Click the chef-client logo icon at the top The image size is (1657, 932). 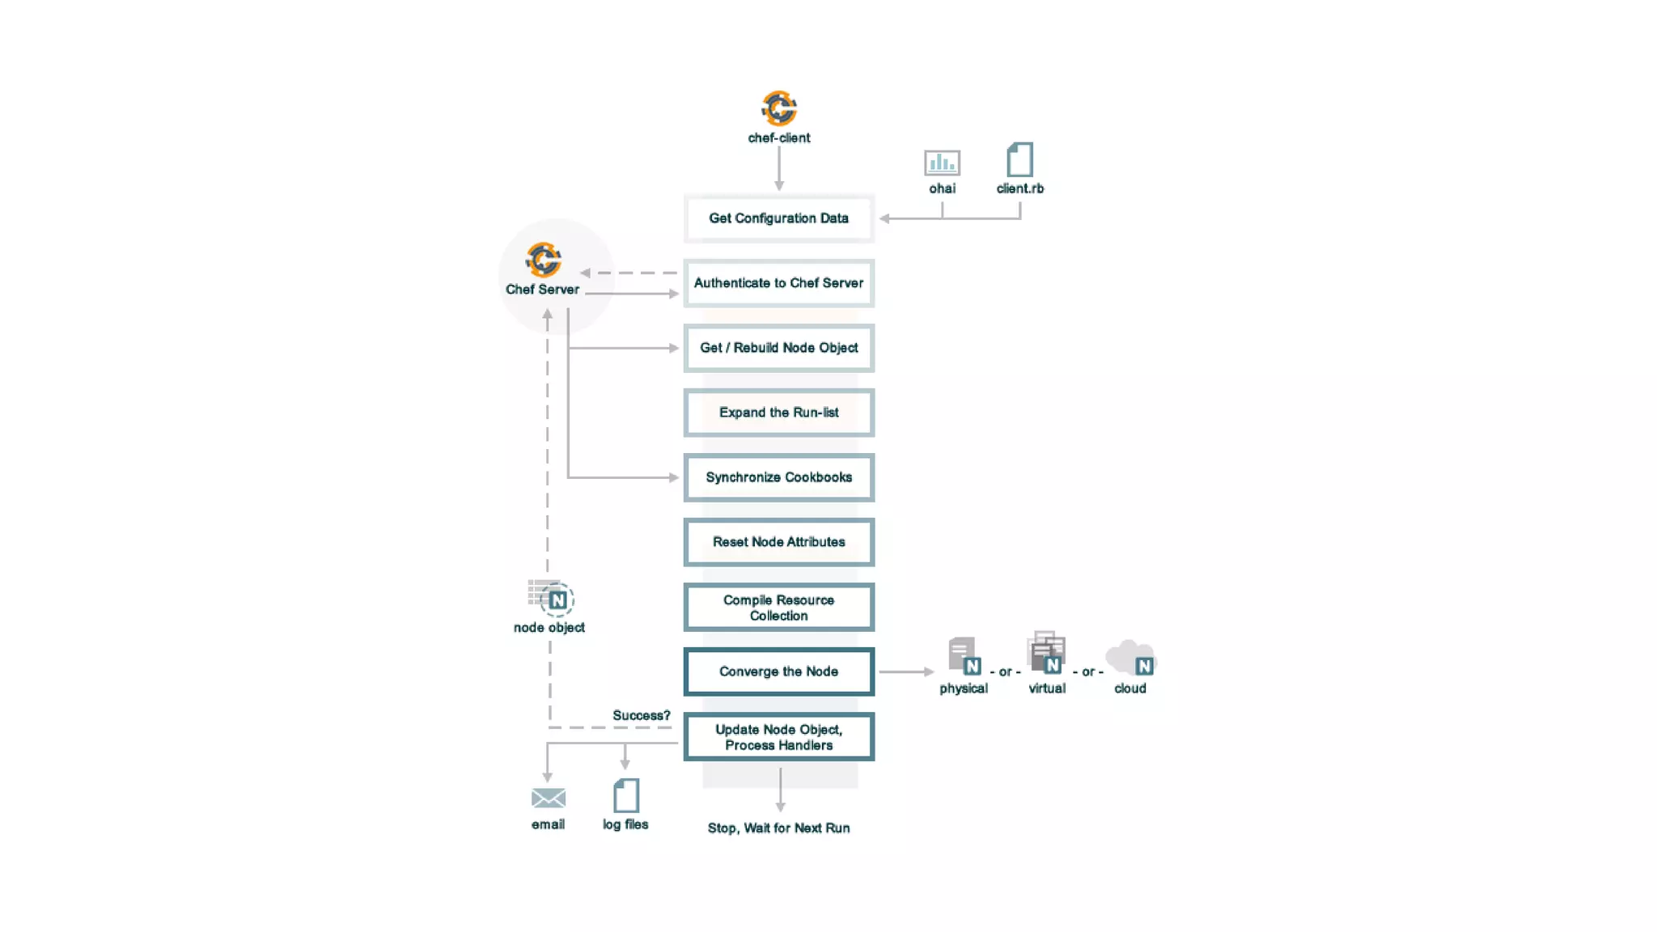[778, 108]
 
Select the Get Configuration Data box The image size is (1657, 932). [778, 218]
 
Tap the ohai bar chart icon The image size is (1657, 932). [942, 163]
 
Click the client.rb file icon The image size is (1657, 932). [1019, 160]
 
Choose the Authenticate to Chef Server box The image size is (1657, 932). [778, 283]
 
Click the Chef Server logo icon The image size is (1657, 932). [543, 260]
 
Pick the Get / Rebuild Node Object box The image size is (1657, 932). [778, 348]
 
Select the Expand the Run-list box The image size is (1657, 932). [778, 413]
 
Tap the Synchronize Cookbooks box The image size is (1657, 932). [778, 477]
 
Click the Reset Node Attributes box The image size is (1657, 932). [778, 542]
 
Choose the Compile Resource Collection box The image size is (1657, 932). [778, 608]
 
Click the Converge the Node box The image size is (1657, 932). [778, 671]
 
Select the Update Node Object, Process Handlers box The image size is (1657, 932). [778, 737]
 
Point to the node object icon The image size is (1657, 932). [551, 598]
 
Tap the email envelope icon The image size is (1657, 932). [548, 798]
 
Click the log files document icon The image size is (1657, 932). [625, 796]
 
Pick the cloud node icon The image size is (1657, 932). [1131, 658]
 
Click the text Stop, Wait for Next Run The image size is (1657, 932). [778, 828]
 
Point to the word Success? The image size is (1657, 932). [641, 715]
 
